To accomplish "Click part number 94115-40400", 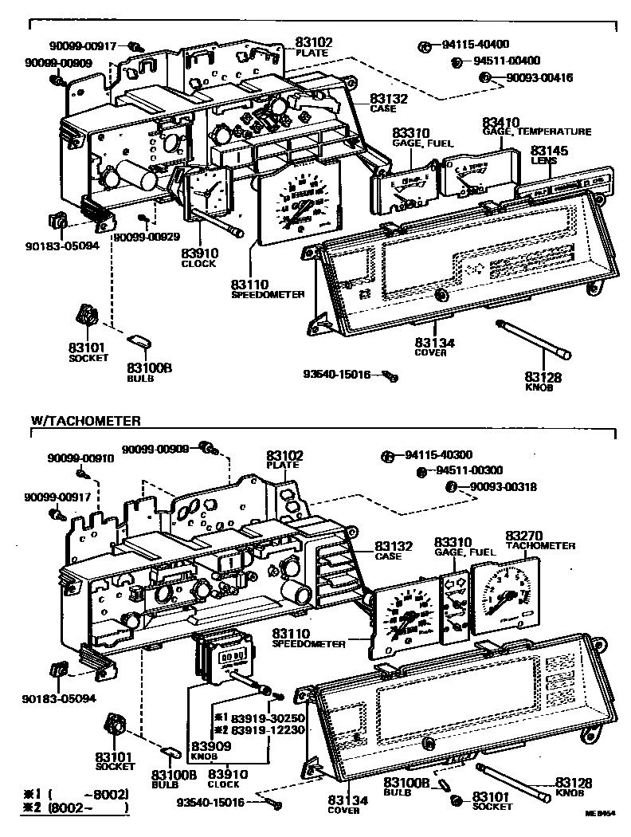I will click(475, 44).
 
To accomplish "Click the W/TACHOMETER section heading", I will click(86, 420).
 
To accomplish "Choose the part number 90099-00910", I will click(80, 458).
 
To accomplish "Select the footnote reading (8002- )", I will click(88, 808).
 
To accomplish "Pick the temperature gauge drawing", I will click(473, 181).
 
